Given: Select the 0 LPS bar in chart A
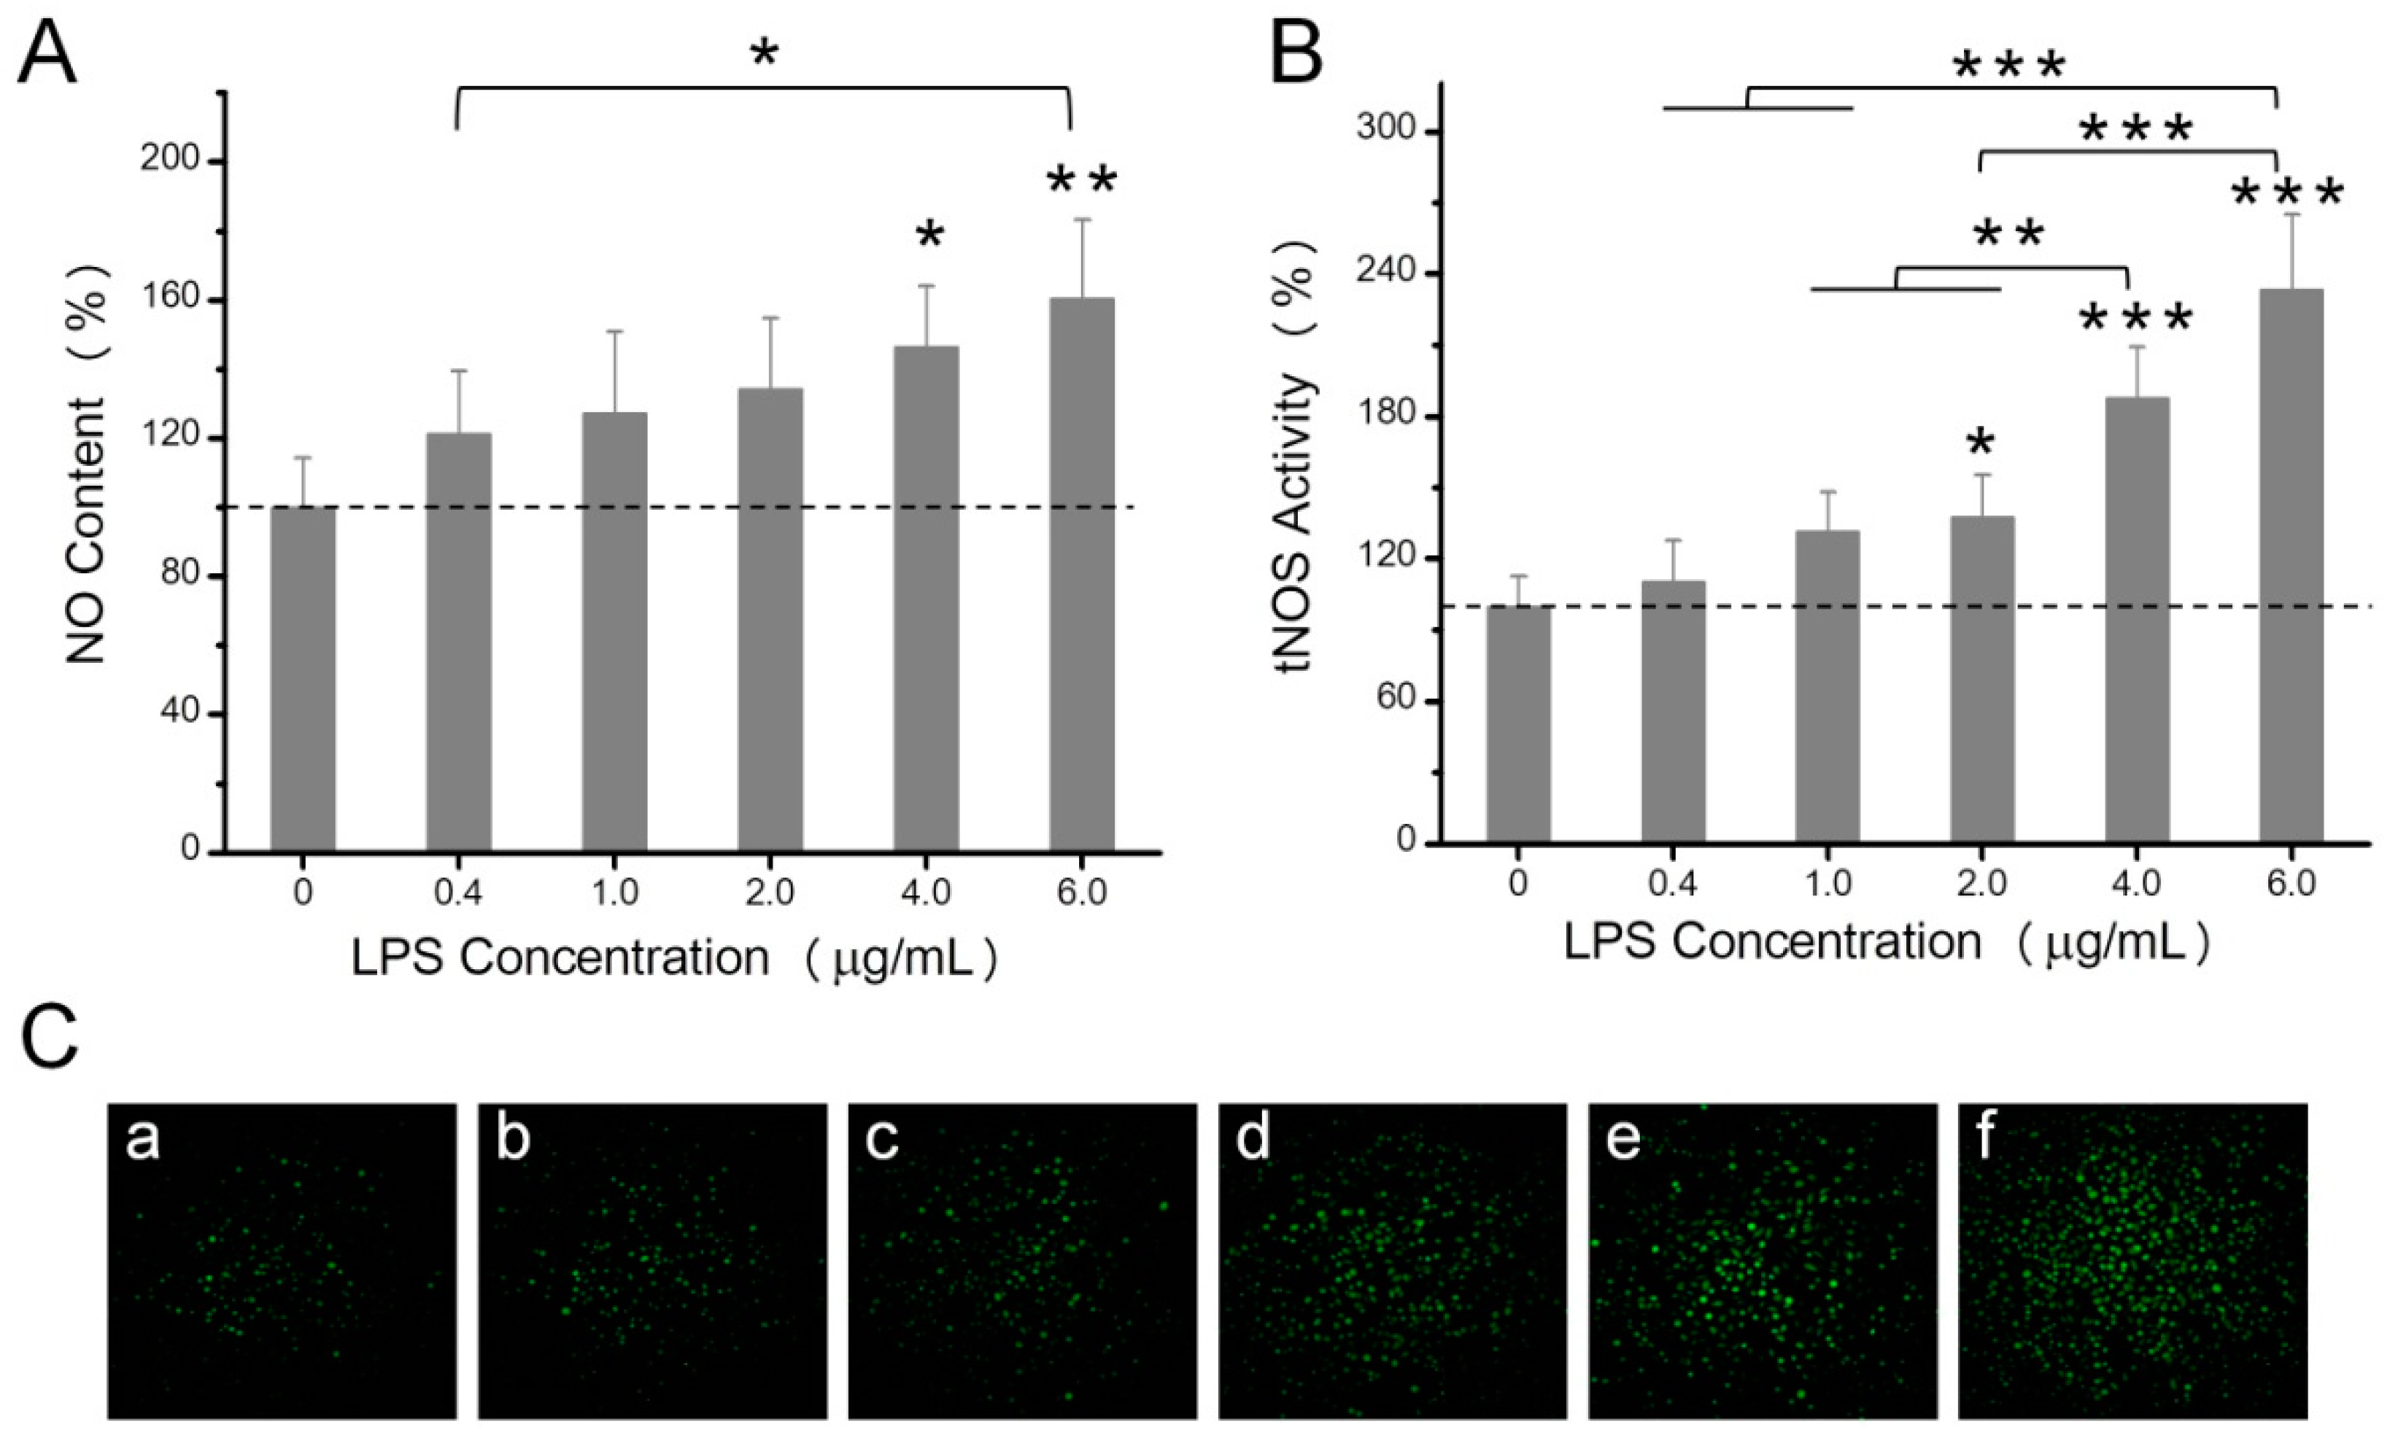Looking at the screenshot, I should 303,679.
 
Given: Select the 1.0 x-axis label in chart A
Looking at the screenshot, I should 615,891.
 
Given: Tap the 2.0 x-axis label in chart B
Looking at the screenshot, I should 1981,882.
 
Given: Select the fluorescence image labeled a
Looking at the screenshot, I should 282,1261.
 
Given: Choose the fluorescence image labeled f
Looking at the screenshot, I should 2132,1261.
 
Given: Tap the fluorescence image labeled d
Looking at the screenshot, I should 1392,1261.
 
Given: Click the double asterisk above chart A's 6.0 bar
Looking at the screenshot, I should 1081,180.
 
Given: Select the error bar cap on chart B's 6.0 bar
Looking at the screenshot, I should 2292,214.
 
